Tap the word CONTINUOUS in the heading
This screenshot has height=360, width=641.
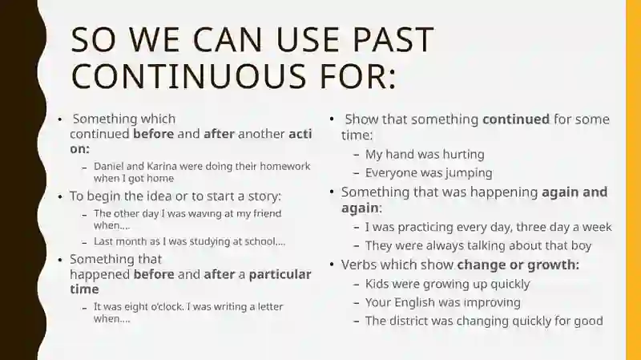(188, 75)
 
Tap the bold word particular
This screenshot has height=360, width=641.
(280, 274)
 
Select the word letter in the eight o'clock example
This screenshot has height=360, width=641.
(269, 307)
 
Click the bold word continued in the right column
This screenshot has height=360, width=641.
(516, 119)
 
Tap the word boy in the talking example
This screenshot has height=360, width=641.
(582, 245)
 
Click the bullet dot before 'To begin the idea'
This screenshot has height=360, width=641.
(61, 196)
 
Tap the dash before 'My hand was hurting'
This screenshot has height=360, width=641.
(357, 155)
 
